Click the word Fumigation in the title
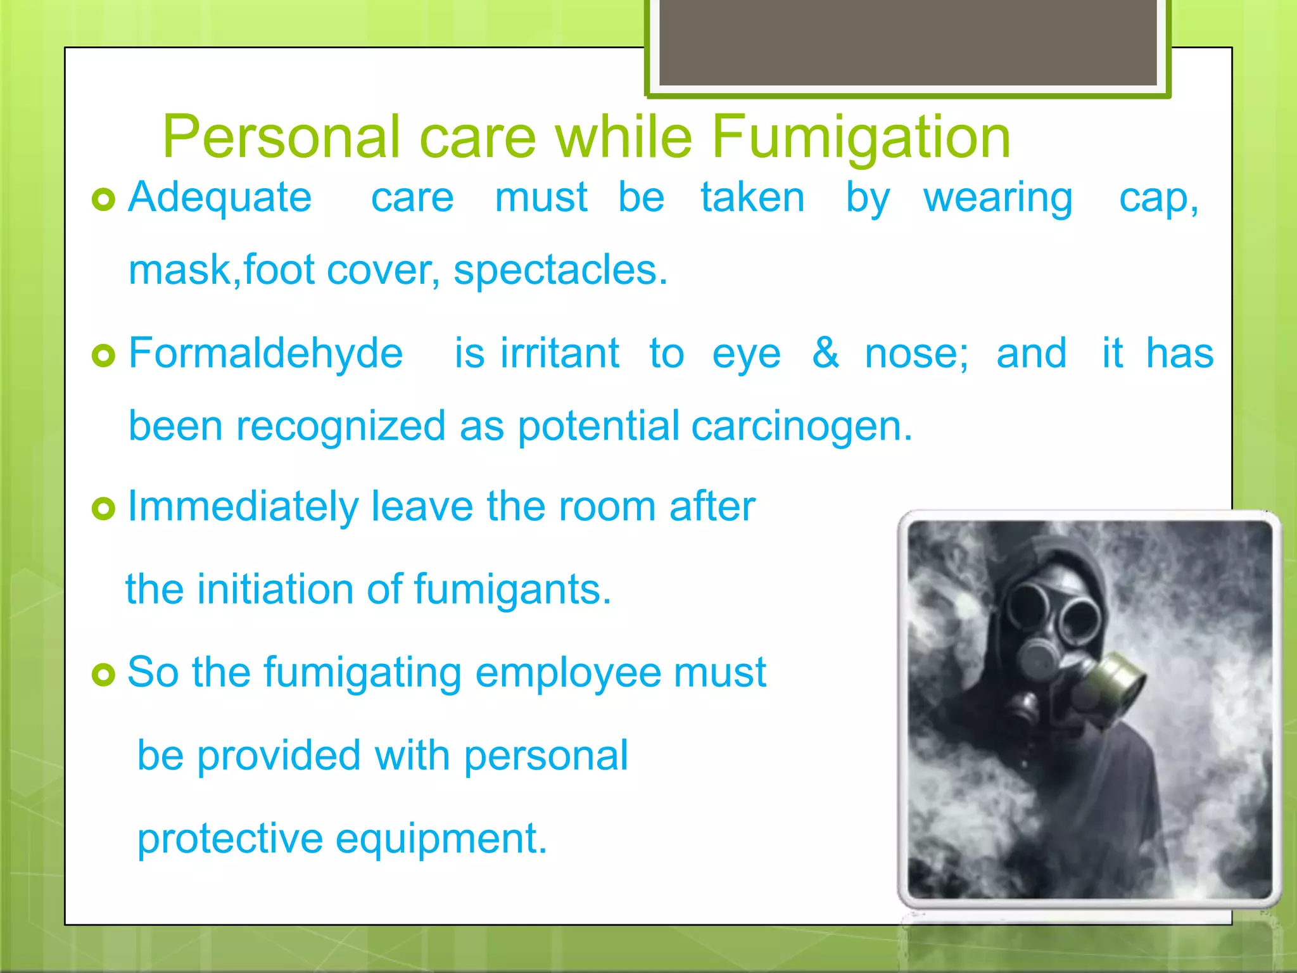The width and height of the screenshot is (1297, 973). (x=861, y=137)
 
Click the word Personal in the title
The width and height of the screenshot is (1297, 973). (x=281, y=137)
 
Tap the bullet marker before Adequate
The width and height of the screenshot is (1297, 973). (x=103, y=200)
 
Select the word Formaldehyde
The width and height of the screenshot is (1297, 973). (x=265, y=353)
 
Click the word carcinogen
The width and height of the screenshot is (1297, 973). (x=802, y=426)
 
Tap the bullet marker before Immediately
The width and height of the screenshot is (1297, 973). (x=103, y=508)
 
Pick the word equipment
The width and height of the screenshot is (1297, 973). (x=441, y=839)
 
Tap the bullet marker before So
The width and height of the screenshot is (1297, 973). (x=103, y=675)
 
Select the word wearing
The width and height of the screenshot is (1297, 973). (x=998, y=199)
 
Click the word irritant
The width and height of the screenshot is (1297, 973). (x=560, y=353)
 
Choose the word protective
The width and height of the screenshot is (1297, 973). (x=230, y=839)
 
